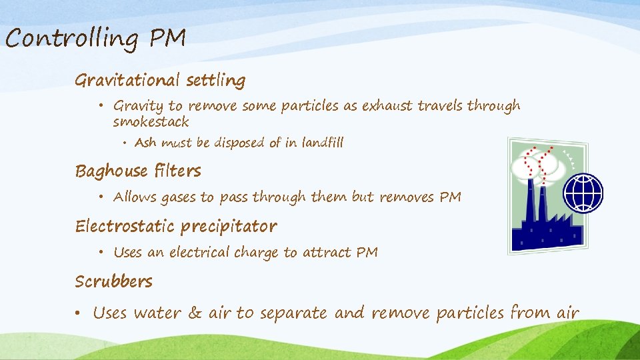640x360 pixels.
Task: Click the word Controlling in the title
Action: [x=72, y=39]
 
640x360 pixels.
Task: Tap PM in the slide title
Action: [x=167, y=38]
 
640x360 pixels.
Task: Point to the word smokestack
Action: [x=151, y=122]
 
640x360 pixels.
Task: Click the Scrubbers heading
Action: [x=113, y=281]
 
